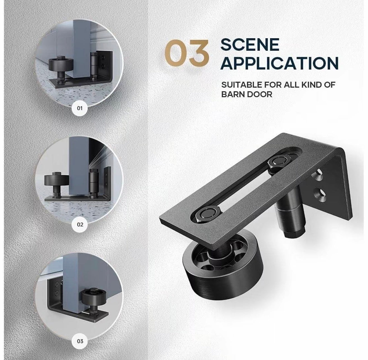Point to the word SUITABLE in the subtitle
tap(241, 85)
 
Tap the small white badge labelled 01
tap(80, 108)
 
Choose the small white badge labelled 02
tap(80, 225)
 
